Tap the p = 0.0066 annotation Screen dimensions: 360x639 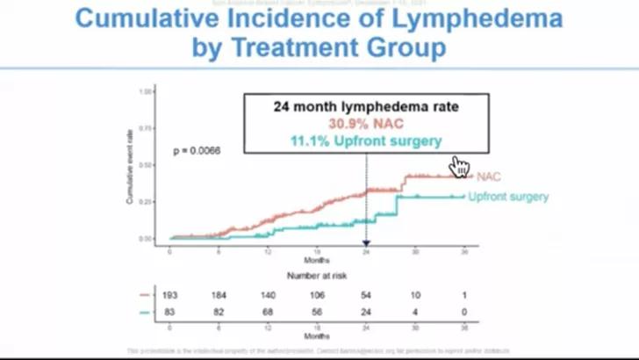pyautogui.click(x=196, y=150)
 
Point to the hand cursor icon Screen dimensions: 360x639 pyautogui.click(x=460, y=167)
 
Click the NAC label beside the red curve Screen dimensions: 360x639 pyautogui.click(x=488, y=176)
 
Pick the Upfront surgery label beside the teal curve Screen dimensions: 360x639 pyautogui.click(x=508, y=197)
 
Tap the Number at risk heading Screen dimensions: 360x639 pyautogui.click(x=316, y=274)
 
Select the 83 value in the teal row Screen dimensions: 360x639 pyautogui.click(x=170, y=312)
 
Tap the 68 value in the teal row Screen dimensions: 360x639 pyautogui.click(x=268, y=312)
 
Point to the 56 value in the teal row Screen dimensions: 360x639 pyautogui.click(x=317, y=312)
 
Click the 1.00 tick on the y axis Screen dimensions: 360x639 pyautogui.click(x=147, y=91)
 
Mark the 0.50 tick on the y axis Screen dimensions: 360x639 pyautogui.click(x=147, y=165)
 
